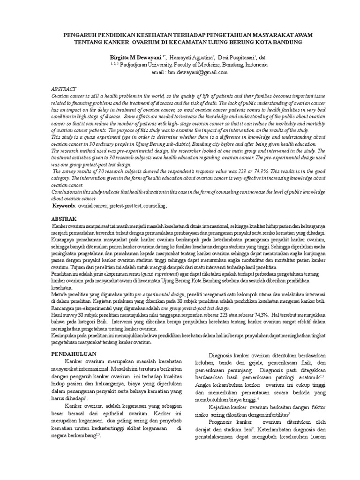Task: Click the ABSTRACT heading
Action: point(63,89)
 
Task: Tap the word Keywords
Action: point(64,206)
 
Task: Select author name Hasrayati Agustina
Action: point(191,57)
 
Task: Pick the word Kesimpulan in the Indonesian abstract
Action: point(65,336)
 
